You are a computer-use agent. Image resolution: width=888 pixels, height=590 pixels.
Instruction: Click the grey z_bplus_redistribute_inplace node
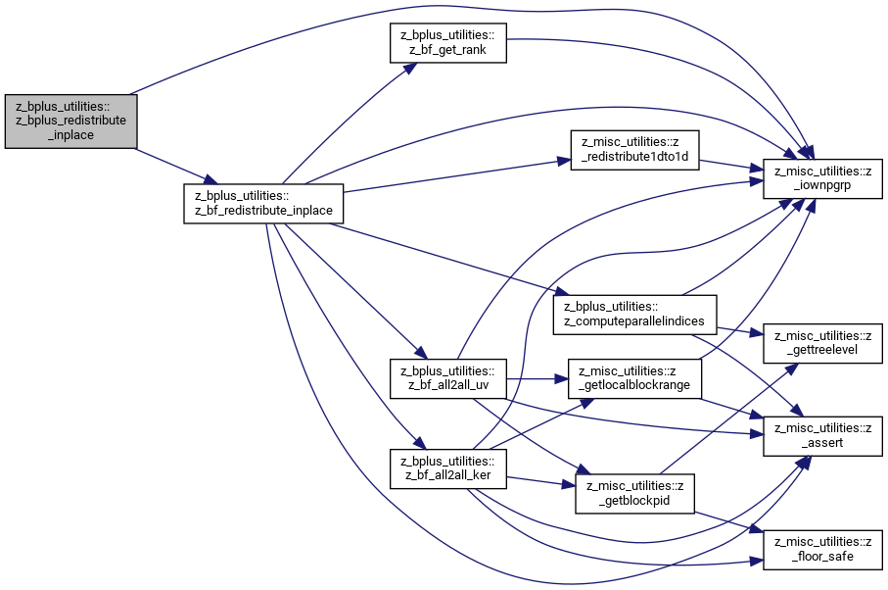coord(70,122)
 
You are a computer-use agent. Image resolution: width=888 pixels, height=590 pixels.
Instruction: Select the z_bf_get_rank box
coord(448,43)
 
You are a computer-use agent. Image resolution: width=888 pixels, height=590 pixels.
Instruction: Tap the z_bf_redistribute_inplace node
coord(263,204)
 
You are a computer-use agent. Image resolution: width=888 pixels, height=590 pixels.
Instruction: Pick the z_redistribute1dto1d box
coord(634,150)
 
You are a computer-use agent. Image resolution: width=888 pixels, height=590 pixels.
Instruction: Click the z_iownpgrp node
coord(822,179)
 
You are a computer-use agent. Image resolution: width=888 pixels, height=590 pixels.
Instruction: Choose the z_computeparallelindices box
coord(634,315)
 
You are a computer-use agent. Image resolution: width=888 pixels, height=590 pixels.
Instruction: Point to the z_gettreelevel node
coord(822,343)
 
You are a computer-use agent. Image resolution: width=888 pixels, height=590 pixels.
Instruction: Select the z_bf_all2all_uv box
coord(448,378)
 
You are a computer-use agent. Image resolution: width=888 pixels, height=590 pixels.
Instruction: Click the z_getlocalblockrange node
coord(634,378)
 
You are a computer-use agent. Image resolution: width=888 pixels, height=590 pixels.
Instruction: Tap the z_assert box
coord(822,436)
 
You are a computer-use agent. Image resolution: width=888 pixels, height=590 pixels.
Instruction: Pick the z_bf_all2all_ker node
coord(448,468)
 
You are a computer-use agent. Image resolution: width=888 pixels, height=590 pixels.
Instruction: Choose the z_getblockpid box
coord(634,494)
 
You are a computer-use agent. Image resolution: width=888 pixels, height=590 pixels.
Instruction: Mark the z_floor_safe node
coord(822,550)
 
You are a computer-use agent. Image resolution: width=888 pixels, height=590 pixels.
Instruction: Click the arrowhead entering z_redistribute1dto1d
coord(564,161)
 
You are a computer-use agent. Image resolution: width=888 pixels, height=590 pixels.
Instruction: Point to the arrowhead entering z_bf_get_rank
coord(410,69)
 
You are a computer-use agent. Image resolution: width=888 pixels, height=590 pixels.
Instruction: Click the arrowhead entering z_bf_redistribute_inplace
coord(210,179)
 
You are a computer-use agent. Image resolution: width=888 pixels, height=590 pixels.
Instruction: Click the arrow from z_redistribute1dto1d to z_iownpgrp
coord(731,165)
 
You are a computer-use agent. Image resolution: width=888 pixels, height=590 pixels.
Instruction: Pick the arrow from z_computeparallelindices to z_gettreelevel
coord(740,331)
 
